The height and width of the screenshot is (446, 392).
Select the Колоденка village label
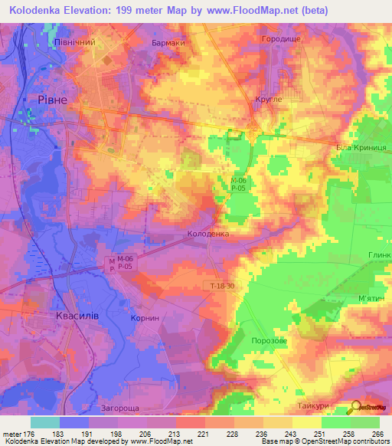click(208, 233)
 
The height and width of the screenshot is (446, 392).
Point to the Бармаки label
click(168, 43)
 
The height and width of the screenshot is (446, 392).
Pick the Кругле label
click(268, 99)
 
